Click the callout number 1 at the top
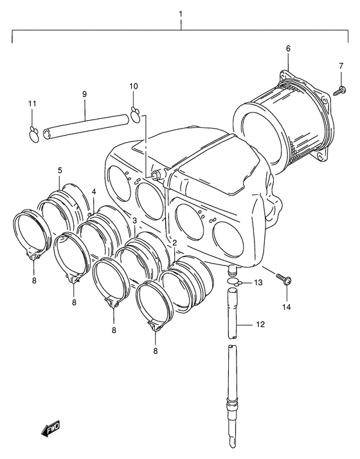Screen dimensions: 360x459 point(181,14)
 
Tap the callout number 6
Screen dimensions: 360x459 point(288,48)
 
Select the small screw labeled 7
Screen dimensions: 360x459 point(340,90)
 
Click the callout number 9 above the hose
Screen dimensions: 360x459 point(84,94)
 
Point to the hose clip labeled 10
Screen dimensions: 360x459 point(135,114)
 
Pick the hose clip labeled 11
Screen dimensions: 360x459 point(34,135)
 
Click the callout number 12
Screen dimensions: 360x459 point(260,325)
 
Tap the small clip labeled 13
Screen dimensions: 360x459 point(235,282)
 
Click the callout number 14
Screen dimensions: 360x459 point(287,307)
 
